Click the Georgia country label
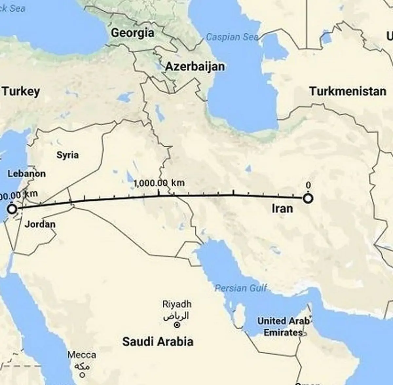tap(132, 33)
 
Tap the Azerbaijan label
tap(195, 66)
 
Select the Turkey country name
tap(21, 91)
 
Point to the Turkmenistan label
tap(348, 91)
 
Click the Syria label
tap(67, 155)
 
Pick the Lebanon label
tap(27, 174)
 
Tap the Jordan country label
tap(40, 224)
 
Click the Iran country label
tap(282, 208)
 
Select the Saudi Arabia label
tap(158, 342)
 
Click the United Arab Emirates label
tap(283, 327)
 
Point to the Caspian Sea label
tap(232, 37)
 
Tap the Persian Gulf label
tap(241, 288)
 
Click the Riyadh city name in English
tap(177, 304)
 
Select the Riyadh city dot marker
tap(177, 325)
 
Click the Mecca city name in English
tap(82, 355)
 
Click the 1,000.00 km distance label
tap(159, 183)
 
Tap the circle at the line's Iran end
tap(308, 198)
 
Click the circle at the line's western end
tap(12, 209)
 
